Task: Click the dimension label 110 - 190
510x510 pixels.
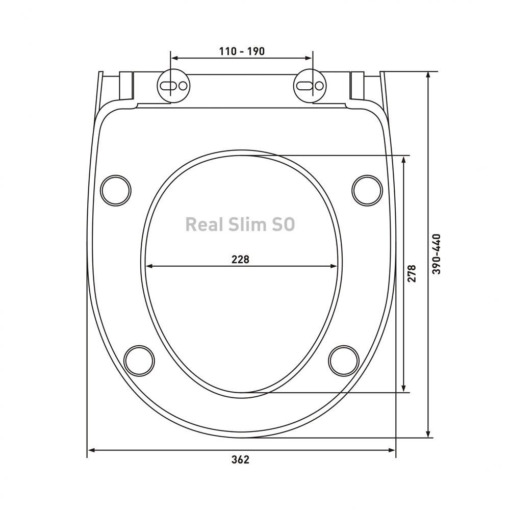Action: click(x=242, y=52)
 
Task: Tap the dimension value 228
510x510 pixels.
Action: click(x=240, y=259)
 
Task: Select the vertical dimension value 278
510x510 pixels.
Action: click(x=412, y=273)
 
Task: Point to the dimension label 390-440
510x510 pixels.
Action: click(x=437, y=254)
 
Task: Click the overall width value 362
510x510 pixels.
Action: click(x=240, y=460)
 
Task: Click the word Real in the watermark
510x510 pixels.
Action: click(x=205, y=224)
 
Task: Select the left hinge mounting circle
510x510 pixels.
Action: click(x=174, y=86)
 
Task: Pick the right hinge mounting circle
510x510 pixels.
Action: click(x=310, y=86)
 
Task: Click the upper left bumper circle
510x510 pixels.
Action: click(x=116, y=191)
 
